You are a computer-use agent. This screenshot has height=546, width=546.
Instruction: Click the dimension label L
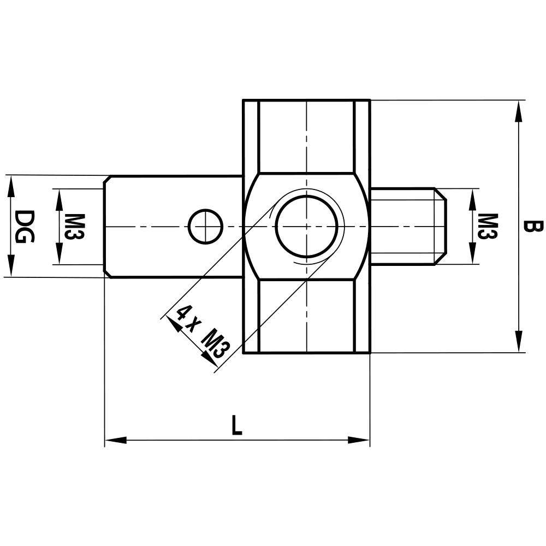(236, 425)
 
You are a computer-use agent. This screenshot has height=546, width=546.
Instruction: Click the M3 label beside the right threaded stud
(488, 226)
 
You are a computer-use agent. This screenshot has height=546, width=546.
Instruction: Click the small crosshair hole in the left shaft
(205, 226)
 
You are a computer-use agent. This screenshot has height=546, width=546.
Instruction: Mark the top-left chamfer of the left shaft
(108, 179)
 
